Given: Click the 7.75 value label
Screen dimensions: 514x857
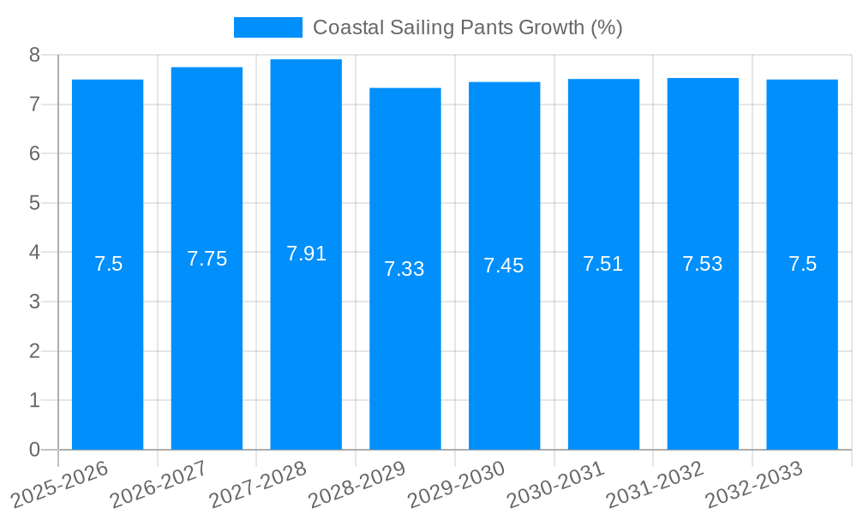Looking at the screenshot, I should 207,259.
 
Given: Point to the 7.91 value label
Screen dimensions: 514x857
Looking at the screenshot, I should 306,254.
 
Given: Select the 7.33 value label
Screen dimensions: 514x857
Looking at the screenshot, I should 405,269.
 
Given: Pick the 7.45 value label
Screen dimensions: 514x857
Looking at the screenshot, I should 504,266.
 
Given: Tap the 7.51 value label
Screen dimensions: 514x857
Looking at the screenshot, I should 603,264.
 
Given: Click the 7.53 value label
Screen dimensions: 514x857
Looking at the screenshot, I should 703,264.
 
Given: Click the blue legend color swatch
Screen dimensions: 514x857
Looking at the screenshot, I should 267,27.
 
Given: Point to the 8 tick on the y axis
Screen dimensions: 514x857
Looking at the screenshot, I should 34,55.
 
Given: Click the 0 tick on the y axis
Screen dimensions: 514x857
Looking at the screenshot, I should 34,450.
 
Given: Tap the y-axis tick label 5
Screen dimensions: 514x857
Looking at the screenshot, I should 34,203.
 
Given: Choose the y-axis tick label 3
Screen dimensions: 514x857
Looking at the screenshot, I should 34,302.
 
